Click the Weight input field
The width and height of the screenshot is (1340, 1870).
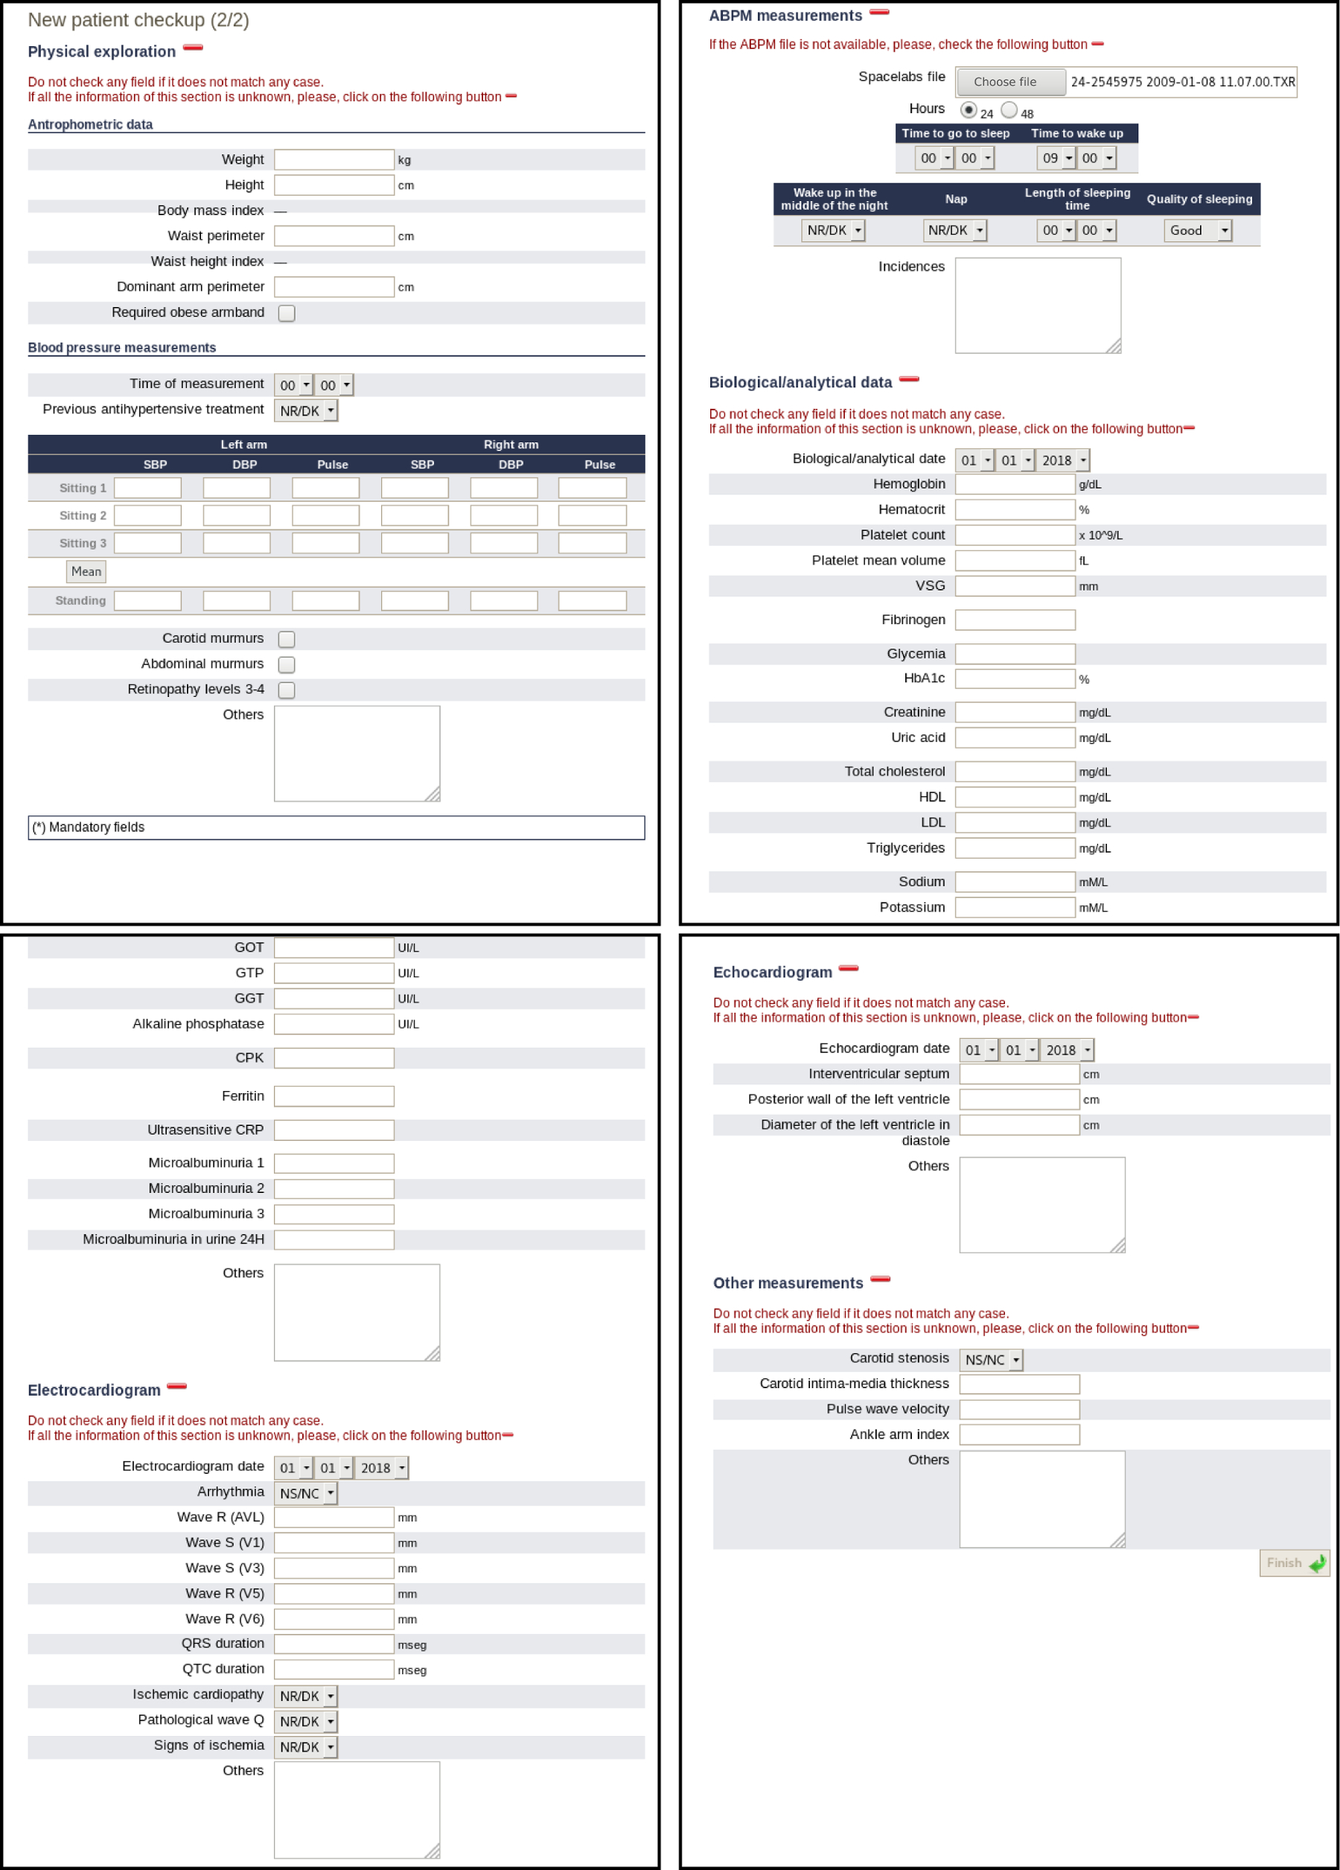point(334,159)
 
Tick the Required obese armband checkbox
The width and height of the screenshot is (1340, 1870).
point(287,314)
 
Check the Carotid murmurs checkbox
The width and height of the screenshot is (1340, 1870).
point(287,639)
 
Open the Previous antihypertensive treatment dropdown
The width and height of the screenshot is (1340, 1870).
point(306,410)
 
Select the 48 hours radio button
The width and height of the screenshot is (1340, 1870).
point(1009,110)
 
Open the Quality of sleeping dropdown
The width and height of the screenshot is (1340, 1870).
point(1197,231)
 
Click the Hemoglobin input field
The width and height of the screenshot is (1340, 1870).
point(1015,484)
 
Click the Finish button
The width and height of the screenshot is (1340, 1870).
point(1294,1563)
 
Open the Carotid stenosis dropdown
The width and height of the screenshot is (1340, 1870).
point(991,1360)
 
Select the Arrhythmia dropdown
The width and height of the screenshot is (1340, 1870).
point(306,1493)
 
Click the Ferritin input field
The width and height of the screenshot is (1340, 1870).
point(334,1095)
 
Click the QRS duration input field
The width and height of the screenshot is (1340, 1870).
point(334,1644)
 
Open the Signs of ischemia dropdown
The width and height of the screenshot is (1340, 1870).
point(306,1747)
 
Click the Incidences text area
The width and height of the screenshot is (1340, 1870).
point(1038,305)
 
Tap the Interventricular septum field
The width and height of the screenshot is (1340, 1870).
point(1018,1075)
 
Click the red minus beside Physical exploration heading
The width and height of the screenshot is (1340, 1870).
point(193,48)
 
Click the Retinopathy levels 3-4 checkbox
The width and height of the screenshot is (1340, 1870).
point(287,690)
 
